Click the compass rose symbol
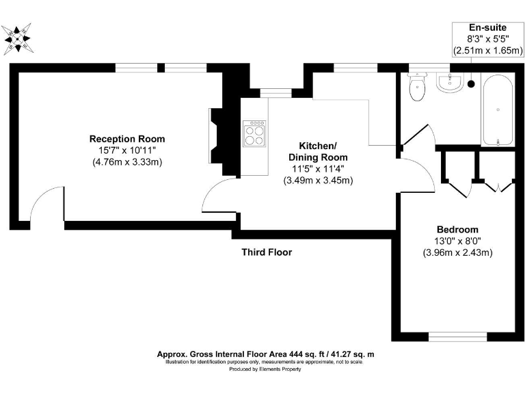[x=17, y=39]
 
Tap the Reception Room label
[x=127, y=139]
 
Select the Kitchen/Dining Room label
[x=318, y=151]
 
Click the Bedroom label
[x=457, y=230]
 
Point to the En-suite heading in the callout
[x=487, y=27]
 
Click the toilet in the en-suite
[x=417, y=87]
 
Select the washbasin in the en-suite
[x=450, y=82]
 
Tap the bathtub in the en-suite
[x=498, y=110]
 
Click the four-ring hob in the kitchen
[x=255, y=133]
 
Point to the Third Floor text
[x=267, y=252]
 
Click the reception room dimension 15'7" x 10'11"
[x=127, y=150]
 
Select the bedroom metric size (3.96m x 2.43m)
[x=458, y=252]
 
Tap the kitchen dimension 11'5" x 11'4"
[x=318, y=169]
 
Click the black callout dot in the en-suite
[x=471, y=84]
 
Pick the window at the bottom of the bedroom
[x=458, y=337]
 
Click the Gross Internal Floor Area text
[x=265, y=354]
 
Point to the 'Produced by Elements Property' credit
[x=265, y=369]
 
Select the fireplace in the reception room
[x=216, y=135]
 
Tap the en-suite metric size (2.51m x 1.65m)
[x=488, y=50]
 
